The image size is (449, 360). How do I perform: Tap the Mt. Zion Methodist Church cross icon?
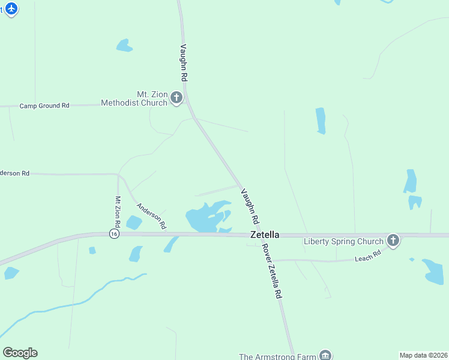tap(176, 97)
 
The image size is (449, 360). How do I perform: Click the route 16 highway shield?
tap(113, 233)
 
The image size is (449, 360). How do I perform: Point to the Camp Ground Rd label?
tap(44, 106)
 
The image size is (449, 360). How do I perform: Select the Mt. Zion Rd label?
tap(118, 211)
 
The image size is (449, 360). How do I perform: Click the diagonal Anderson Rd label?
tap(151, 216)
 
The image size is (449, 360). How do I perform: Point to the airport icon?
tap(11, 9)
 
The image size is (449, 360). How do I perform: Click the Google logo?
tap(20, 353)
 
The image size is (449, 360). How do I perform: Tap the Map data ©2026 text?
tap(424, 355)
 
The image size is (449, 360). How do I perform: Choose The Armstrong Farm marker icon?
tap(326, 355)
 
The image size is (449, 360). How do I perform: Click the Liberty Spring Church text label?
tap(343, 242)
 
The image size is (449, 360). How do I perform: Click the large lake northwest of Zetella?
tap(204, 217)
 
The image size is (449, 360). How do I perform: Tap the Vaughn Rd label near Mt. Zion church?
tap(184, 62)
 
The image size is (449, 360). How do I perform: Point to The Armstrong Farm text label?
tap(277, 356)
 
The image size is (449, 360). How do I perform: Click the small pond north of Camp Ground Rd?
tap(124, 46)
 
